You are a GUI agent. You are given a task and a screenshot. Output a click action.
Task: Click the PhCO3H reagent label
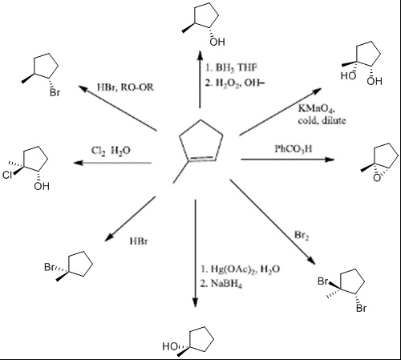click(294, 149)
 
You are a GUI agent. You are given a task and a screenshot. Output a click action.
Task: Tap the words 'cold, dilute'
click(322, 120)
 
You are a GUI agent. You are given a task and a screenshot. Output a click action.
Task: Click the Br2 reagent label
click(302, 235)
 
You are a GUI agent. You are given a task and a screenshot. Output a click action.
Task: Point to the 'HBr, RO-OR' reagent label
click(125, 87)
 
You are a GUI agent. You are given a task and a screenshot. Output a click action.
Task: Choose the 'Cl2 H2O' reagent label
click(111, 151)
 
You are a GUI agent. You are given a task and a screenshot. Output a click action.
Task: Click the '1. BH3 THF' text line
click(231, 67)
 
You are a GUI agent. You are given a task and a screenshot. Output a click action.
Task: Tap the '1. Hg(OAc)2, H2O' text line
click(241, 269)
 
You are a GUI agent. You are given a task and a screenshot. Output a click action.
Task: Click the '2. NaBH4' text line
click(221, 283)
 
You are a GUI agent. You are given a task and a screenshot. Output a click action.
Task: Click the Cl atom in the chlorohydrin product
click(7, 175)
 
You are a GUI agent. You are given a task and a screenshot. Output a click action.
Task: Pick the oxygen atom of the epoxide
click(377, 178)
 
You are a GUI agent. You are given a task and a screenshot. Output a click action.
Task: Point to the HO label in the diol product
click(348, 76)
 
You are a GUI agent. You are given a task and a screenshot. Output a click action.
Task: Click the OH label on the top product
click(217, 42)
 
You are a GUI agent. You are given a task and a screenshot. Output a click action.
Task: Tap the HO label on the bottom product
click(170, 346)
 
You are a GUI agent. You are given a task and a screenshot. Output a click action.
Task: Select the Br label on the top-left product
click(55, 93)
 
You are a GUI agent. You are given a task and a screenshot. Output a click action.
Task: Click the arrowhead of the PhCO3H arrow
click(330, 160)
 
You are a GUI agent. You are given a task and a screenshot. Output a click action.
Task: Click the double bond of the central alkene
click(203, 158)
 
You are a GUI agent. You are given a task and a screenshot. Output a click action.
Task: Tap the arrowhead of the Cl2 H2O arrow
click(79, 162)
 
